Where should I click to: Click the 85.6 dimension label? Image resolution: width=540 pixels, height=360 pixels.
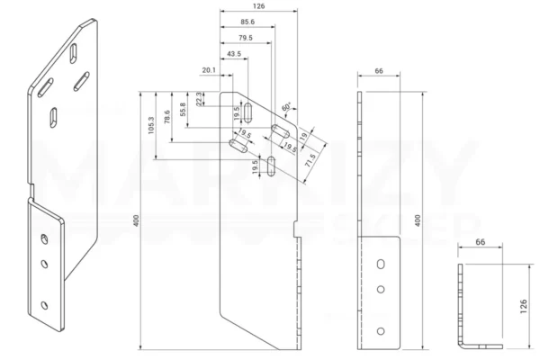coord(247,22)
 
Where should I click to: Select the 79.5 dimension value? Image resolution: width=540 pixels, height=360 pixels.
coord(245,38)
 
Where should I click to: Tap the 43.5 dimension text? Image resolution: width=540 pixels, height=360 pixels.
coord(234,54)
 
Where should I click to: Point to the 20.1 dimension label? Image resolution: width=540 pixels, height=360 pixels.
coord(209,70)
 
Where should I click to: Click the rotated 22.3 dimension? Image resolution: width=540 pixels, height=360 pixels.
coord(199,99)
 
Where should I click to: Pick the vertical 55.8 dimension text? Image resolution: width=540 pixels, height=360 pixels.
coord(183,109)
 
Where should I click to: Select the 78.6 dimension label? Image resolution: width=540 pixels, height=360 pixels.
coord(167,117)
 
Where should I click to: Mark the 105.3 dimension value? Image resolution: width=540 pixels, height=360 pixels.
coord(151,125)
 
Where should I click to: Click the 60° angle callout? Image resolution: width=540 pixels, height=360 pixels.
coord(286,106)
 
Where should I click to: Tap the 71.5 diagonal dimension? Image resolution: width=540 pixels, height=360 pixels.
coord(310,160)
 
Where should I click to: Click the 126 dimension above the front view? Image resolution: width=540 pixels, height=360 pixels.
coord(258,6)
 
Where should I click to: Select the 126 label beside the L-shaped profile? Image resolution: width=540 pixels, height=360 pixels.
coord(524,306)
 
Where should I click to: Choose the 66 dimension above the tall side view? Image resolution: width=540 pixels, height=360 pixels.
coord(379,71)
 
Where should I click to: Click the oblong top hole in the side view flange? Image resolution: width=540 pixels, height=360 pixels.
coord(381,265)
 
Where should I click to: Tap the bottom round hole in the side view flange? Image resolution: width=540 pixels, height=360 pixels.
coord(381,331)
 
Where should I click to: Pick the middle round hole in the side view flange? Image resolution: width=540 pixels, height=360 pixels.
coord(381,290)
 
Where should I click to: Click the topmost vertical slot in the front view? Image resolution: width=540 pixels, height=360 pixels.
coord(248,112)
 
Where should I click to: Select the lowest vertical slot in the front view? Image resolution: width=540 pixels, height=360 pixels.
coord(272,166)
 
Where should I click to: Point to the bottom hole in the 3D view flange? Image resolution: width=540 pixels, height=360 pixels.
coord(44,305)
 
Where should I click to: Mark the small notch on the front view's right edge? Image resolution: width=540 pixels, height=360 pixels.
coord(295,229)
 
